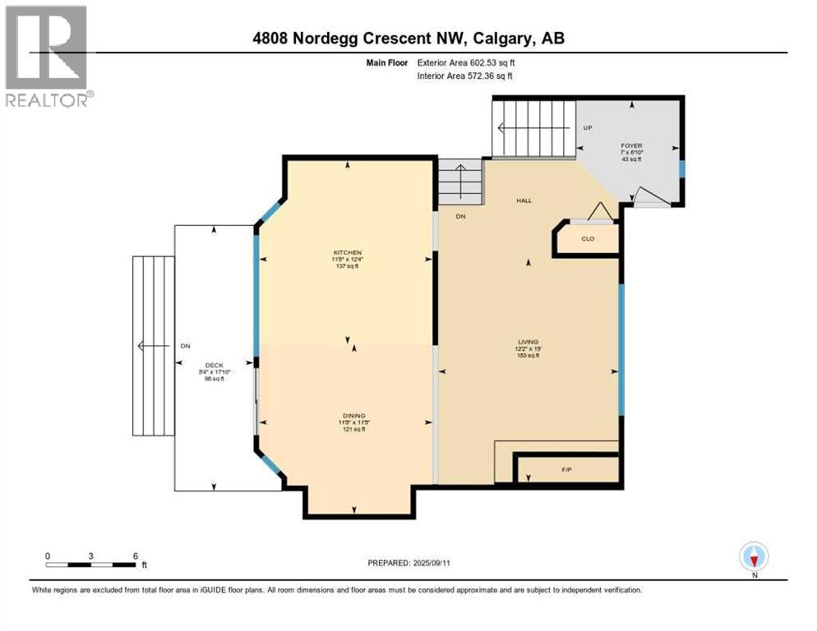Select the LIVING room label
pyautogui.click(x=527, y=342)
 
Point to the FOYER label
pyautogui.click(x=630, y=145)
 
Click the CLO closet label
pyautogui.click(x=587, y=239)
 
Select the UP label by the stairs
pyautogui.click(x=587, y=129)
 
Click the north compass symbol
pyautogui.click(x=754, y=557)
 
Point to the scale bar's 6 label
pyautogui.click(x=135, y=555)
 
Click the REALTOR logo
pyautogui.click(x=48, y=56)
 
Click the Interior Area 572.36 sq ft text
pyautogui.click(x=466, y=76)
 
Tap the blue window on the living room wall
pyautogui.click(x=621, y=351)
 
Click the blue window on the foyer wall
pyautogui.click(x=681, y=169)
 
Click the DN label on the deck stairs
pyautogui.click(x=185, y=346)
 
